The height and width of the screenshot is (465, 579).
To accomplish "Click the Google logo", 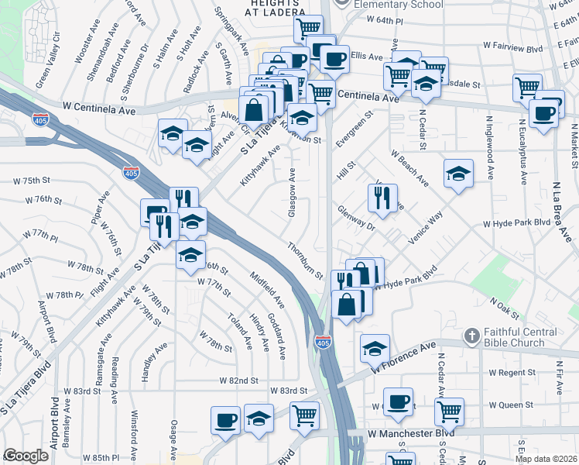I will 26,456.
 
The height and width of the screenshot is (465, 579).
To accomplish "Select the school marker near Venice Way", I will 459,174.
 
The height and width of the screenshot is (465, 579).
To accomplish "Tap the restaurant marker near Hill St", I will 382,199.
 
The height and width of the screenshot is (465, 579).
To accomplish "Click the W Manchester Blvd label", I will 411,432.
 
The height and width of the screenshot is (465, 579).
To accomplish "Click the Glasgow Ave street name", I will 293,193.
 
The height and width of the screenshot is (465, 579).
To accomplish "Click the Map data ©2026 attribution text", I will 546,458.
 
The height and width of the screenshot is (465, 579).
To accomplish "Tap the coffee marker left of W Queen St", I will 399,401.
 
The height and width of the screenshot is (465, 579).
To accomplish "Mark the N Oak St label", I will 503,307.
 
